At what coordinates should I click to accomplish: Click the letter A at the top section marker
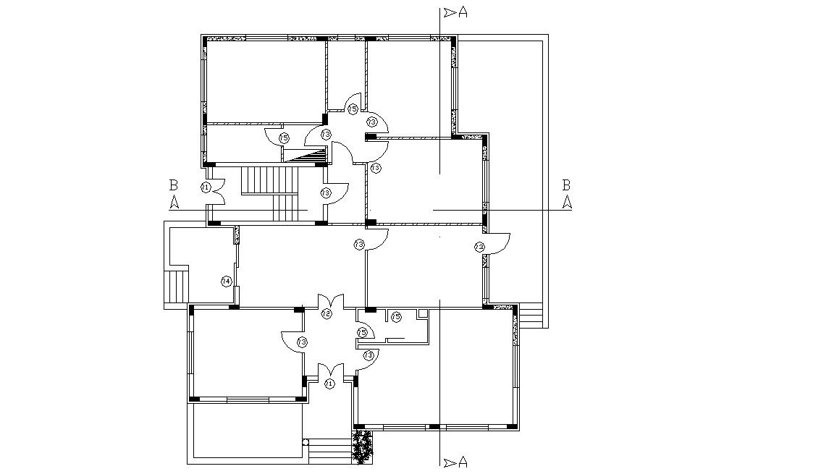463,12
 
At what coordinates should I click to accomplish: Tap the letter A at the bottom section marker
463,462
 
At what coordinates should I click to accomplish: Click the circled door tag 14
226,281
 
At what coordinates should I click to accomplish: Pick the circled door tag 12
327,313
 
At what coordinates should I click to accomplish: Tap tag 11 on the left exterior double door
206,187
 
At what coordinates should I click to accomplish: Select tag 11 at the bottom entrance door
329,384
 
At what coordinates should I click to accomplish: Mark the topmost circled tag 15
352,109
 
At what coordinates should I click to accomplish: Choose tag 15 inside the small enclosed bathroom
396,316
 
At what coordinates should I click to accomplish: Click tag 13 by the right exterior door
479,247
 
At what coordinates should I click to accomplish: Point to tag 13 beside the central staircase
325,193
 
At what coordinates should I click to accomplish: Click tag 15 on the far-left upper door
284,137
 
